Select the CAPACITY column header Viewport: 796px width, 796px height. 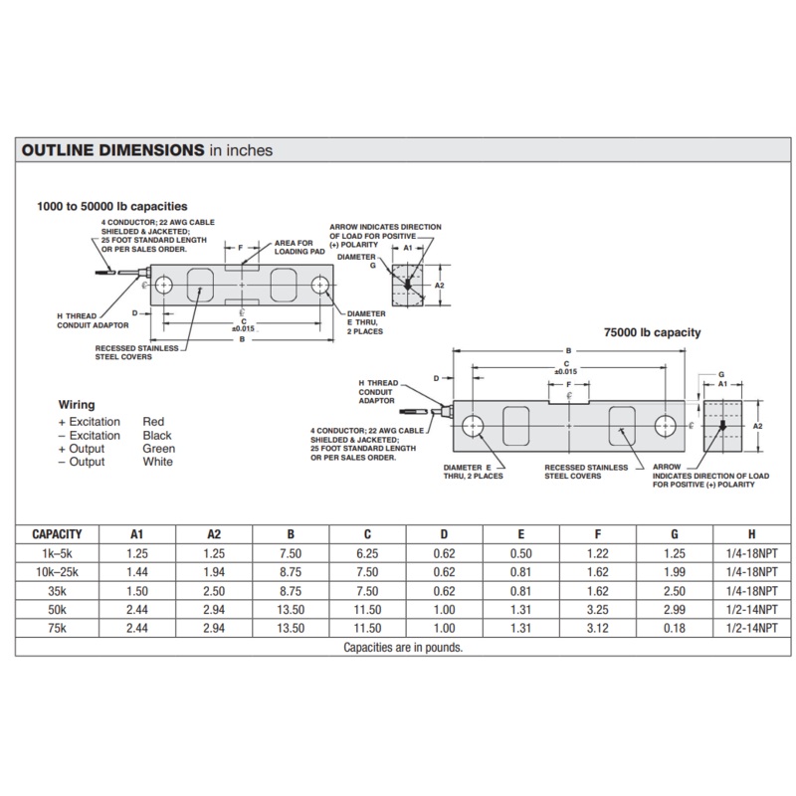click(x=57, y=534)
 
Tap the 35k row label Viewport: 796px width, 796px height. click(x=57, y=590)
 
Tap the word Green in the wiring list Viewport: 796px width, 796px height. click(x=159, y=449)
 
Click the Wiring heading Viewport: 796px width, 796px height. click(x=77, y=405)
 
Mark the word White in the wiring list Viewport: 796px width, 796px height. click(x=158, y=462)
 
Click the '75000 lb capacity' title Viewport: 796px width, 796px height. click(x=654, y=332)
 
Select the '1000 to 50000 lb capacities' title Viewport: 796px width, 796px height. click(x=112, y=206)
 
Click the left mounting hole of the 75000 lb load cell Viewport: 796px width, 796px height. click(x=472, y=425)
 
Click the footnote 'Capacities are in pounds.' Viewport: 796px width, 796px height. click(x=403, y=647)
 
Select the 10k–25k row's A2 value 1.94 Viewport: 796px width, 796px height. click(x=215, y=572)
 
